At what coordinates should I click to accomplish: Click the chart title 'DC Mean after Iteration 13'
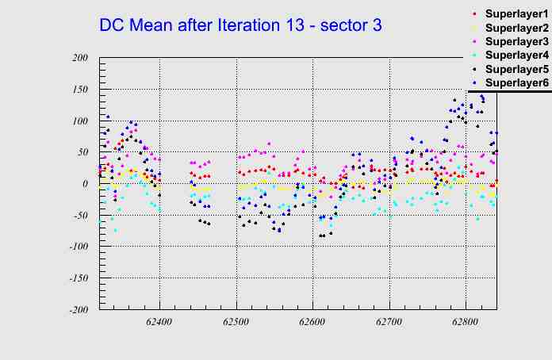tap(240, 25)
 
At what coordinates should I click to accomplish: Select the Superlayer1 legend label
tap(516, 14)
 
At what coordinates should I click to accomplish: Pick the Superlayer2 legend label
tap(516, 28)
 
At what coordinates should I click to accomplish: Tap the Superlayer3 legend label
tap(516, 41)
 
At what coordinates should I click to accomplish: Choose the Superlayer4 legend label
tap(516, 55)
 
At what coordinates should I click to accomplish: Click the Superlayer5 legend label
tap(516, 69)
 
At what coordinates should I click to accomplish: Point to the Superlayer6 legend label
tap(516, 82)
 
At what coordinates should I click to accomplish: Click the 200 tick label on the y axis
tap(79, 58)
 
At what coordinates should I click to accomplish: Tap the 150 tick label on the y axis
tap(79, 90)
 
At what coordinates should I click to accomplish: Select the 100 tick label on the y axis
tap(79, 121)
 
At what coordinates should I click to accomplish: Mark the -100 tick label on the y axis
tap(77, 247)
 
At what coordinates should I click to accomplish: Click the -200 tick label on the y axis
tap(77, 310)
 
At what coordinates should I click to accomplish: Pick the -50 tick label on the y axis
tap(79, 216)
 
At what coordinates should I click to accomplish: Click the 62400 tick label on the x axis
tap(159, 323)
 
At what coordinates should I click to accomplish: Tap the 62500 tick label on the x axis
tap(236, 323)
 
